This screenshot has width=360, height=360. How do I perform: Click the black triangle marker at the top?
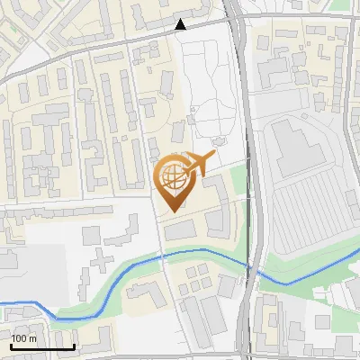pos(181,24)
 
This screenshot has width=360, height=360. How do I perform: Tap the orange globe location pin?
pos(172,181)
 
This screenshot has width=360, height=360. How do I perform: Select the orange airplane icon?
pos(202,164)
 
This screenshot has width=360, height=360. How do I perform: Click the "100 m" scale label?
pos(24,338)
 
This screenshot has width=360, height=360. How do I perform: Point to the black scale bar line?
pos(42,347)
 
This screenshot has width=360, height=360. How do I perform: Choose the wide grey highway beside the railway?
pos(255,135)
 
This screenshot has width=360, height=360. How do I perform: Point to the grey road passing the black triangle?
pos(108,45)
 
